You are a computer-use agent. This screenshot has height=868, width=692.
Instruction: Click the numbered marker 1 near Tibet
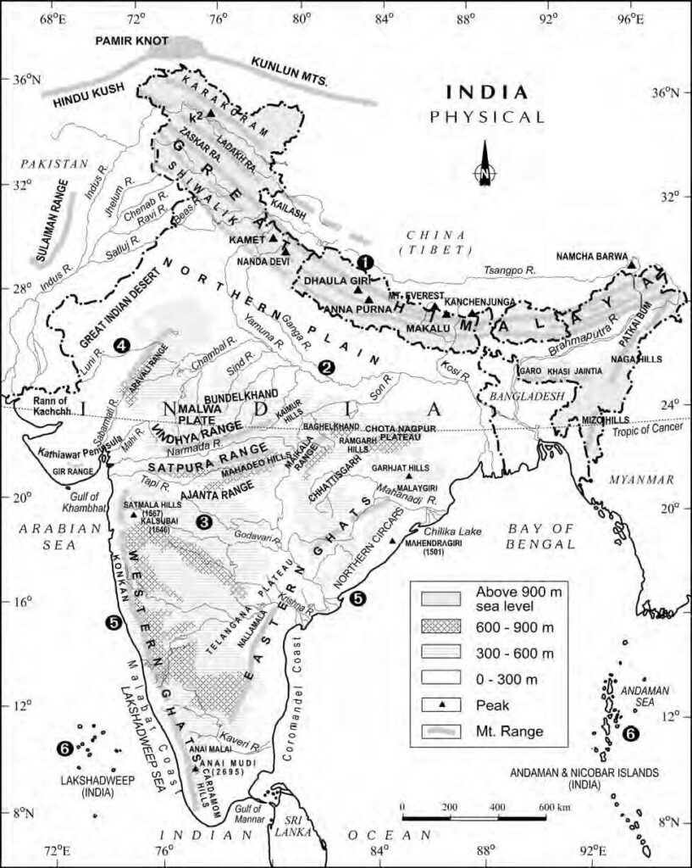click(x=364, y=263)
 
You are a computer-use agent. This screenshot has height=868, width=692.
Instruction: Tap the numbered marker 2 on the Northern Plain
click(x=325, y=367)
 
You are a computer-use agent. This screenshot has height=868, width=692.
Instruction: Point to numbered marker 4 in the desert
click(x=122, y=345)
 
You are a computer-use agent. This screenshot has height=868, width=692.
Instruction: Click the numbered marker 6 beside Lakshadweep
click(x=64, y=748)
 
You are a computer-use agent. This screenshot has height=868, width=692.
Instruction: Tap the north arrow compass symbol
click(x=484, y=165)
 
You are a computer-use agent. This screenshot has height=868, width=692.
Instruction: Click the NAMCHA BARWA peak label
click(x=592, y=256)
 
